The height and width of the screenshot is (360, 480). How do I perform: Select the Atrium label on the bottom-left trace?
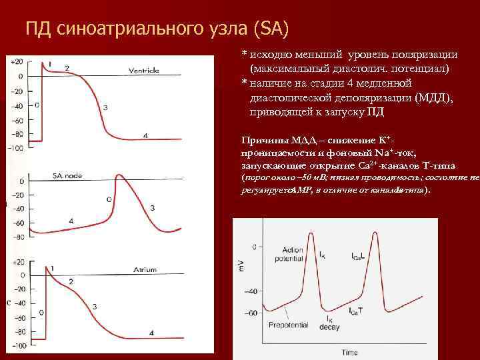pos(145,269)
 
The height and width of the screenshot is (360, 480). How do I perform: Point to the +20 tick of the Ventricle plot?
pos(17,62)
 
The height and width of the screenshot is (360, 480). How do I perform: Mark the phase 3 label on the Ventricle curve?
pos(105,107)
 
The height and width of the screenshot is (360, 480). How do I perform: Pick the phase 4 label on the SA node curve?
pos(71,221)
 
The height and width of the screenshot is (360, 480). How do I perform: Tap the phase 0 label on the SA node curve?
pos(109,199)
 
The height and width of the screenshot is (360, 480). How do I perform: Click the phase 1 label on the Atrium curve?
pos(52,267)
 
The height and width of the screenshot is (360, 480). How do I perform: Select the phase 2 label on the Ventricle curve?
pos(67,69)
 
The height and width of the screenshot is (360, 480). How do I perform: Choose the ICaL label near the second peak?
pos(357,256)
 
